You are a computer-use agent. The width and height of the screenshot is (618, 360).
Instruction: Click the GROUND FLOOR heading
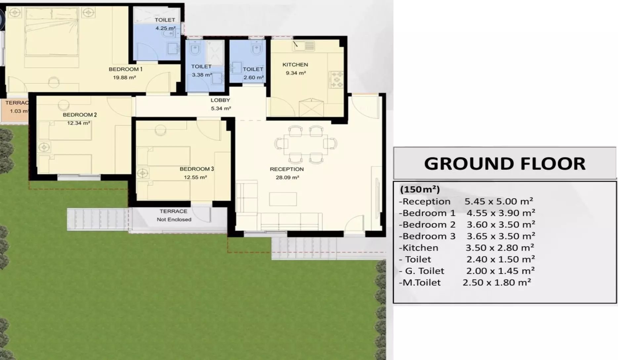[505, 163]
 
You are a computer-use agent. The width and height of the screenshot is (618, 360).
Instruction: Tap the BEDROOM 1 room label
[125, 69]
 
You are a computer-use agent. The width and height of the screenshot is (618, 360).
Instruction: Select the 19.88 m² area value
[124, 77]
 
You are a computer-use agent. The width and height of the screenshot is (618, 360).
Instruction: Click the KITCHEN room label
[295, 65]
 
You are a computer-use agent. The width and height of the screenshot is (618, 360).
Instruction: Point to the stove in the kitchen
[336, 80]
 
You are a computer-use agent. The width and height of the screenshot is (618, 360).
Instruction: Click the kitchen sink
[303, 46]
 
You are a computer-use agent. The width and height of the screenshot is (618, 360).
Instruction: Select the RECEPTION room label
[287, 169]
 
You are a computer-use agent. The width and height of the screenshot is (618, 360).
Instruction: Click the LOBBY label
[220, 100]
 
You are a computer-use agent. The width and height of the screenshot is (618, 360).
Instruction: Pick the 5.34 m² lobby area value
[221, 108]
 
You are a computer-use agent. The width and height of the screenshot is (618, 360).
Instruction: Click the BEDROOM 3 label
[197, 169]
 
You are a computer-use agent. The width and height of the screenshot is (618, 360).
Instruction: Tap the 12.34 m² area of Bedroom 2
[78, 123]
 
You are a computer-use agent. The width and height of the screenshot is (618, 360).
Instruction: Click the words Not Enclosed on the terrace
[174, 219]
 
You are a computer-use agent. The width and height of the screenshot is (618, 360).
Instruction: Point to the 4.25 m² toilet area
[165, 28]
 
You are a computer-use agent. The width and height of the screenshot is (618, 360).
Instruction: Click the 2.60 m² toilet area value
[253, 77]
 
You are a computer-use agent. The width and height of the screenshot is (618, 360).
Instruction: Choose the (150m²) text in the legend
[420, 190]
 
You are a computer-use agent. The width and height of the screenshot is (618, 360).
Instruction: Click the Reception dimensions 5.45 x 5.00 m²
[499, 201]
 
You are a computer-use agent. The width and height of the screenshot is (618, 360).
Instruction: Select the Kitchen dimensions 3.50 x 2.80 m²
[500, 247]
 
